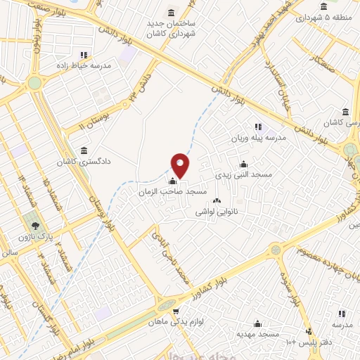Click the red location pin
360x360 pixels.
click(181, 165)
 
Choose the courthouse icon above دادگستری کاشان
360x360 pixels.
click(84, 150)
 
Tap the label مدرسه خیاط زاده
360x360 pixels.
click(86, 65)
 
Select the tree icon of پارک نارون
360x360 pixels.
click(36, 225)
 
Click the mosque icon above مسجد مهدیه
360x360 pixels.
click(258, 323)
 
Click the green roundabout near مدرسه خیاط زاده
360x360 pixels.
click(34, 83)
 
